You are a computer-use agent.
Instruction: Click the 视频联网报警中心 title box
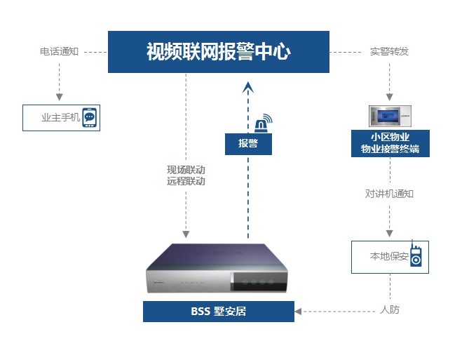pyautogui.click(x=218, y=51)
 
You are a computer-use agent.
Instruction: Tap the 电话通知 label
pyautogui.click(x=59, y=52)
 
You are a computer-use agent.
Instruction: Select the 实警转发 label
pyautogui.click(x=389, y=52)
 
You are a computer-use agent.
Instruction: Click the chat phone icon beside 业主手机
pyautogui.click(x=89, y=117)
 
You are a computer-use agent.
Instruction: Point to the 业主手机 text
pyautogui.click(x=61, y=118)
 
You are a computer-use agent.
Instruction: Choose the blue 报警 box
pyautogui.click(x=247, y=144)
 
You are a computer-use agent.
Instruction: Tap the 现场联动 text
pyautogui.click(x=186, y=170)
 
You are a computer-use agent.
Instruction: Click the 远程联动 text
pyautogui.click(x=186, y=181)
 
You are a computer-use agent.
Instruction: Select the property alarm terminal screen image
pyautogui.click(x=390, y=116)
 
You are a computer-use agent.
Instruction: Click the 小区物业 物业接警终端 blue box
pyautogui.click(x=390, y=142)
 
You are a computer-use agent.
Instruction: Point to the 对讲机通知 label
pyautogui.click(x=389, y=194)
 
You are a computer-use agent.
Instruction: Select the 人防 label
pyautogui.click(x=390, y=309)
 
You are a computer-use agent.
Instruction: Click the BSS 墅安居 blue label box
pyautogui.click(x=218, y=312)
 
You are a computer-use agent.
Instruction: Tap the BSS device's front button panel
pyautogui.click(x=256, y=284)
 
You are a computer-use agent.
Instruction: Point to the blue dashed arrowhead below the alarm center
pyautogui.click(x=247, y=87)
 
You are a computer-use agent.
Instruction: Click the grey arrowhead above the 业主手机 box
pyautogui.click(x=59, y=96)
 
